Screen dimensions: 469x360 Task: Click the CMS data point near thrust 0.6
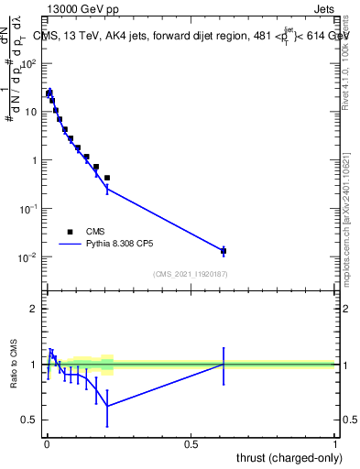click(224, 250)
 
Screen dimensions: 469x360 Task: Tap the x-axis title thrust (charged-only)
click(288, 457)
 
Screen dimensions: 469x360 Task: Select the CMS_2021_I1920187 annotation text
click(190, 274)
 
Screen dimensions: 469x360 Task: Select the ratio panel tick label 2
click(34, 309)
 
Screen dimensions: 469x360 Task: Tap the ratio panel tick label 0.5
click(29, 420)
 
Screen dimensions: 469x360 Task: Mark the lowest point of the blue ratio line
click(107, 406)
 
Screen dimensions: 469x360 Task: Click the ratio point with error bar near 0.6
click(224, 364)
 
